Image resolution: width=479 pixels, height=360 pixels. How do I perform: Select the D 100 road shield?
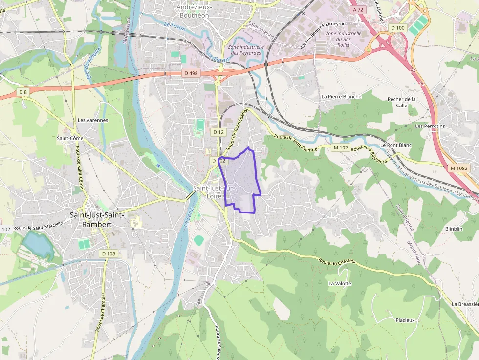coord(398,28)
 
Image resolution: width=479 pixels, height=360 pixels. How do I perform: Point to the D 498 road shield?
coord(192,73)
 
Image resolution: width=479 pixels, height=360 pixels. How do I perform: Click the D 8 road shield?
coord(23,92)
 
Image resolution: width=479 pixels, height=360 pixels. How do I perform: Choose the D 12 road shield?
coord(218,132)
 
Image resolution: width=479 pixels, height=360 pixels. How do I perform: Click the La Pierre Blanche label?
coord(341,97)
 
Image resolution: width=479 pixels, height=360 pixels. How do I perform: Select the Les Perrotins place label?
coord(430,126)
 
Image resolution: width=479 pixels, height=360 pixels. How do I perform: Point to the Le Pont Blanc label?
coord(396,145)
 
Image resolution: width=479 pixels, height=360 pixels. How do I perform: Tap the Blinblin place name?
coord(454,229)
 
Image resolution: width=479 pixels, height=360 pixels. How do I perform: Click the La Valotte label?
coord(340,283)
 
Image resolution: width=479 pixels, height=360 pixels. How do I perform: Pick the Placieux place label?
coord(405,320)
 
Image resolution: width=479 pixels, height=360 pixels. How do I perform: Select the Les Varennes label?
coord(93,120)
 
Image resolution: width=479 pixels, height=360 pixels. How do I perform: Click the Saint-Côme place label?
coord(70,138)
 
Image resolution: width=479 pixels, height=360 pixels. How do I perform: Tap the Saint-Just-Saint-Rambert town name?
coord(97,220)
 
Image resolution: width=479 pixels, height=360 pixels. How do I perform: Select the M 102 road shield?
coord(340,148)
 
